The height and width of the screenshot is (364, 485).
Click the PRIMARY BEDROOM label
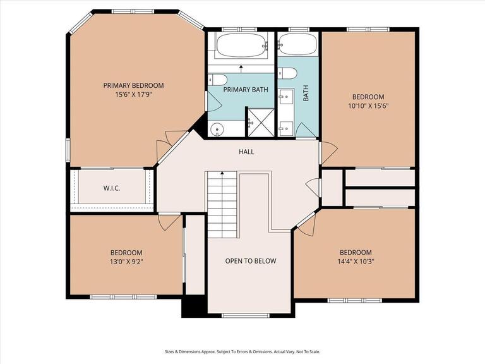[133, 85]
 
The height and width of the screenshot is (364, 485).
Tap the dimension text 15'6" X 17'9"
[133, 95]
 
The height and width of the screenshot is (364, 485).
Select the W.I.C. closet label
[112, 188]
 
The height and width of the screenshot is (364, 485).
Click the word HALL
[246, 152]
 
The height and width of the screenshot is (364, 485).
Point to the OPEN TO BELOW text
[251, 261]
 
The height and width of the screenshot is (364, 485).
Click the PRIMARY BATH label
[246, 90]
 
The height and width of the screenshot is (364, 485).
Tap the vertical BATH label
[306, 94]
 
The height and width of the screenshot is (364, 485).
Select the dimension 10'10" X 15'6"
[368, 106]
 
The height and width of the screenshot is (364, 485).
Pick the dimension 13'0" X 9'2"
[126, 262]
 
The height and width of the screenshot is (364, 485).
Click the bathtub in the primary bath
[240, 45]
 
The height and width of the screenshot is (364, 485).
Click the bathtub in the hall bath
[297, 45]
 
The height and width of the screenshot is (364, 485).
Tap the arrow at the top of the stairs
[222, 174]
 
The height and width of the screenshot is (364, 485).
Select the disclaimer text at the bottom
[242, 351]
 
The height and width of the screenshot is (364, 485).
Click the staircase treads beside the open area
[222, 209]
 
